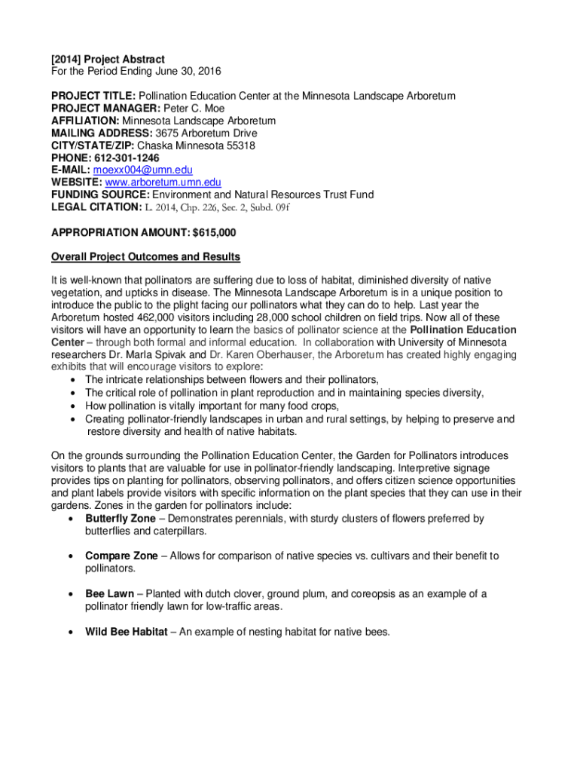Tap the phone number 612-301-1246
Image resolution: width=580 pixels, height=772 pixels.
coord(127,158)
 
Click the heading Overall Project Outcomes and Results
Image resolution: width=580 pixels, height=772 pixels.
coord(145,256)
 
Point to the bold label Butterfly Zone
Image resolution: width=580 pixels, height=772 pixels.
coord(121,519)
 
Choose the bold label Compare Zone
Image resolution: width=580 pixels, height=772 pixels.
coord(121,556)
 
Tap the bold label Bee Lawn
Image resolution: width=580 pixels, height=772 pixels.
coord(109,594)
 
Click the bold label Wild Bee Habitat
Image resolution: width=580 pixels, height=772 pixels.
coord(126,631)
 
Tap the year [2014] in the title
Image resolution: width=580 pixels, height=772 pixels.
coord(66,59)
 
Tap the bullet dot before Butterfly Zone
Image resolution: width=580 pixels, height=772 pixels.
coord(71,519)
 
